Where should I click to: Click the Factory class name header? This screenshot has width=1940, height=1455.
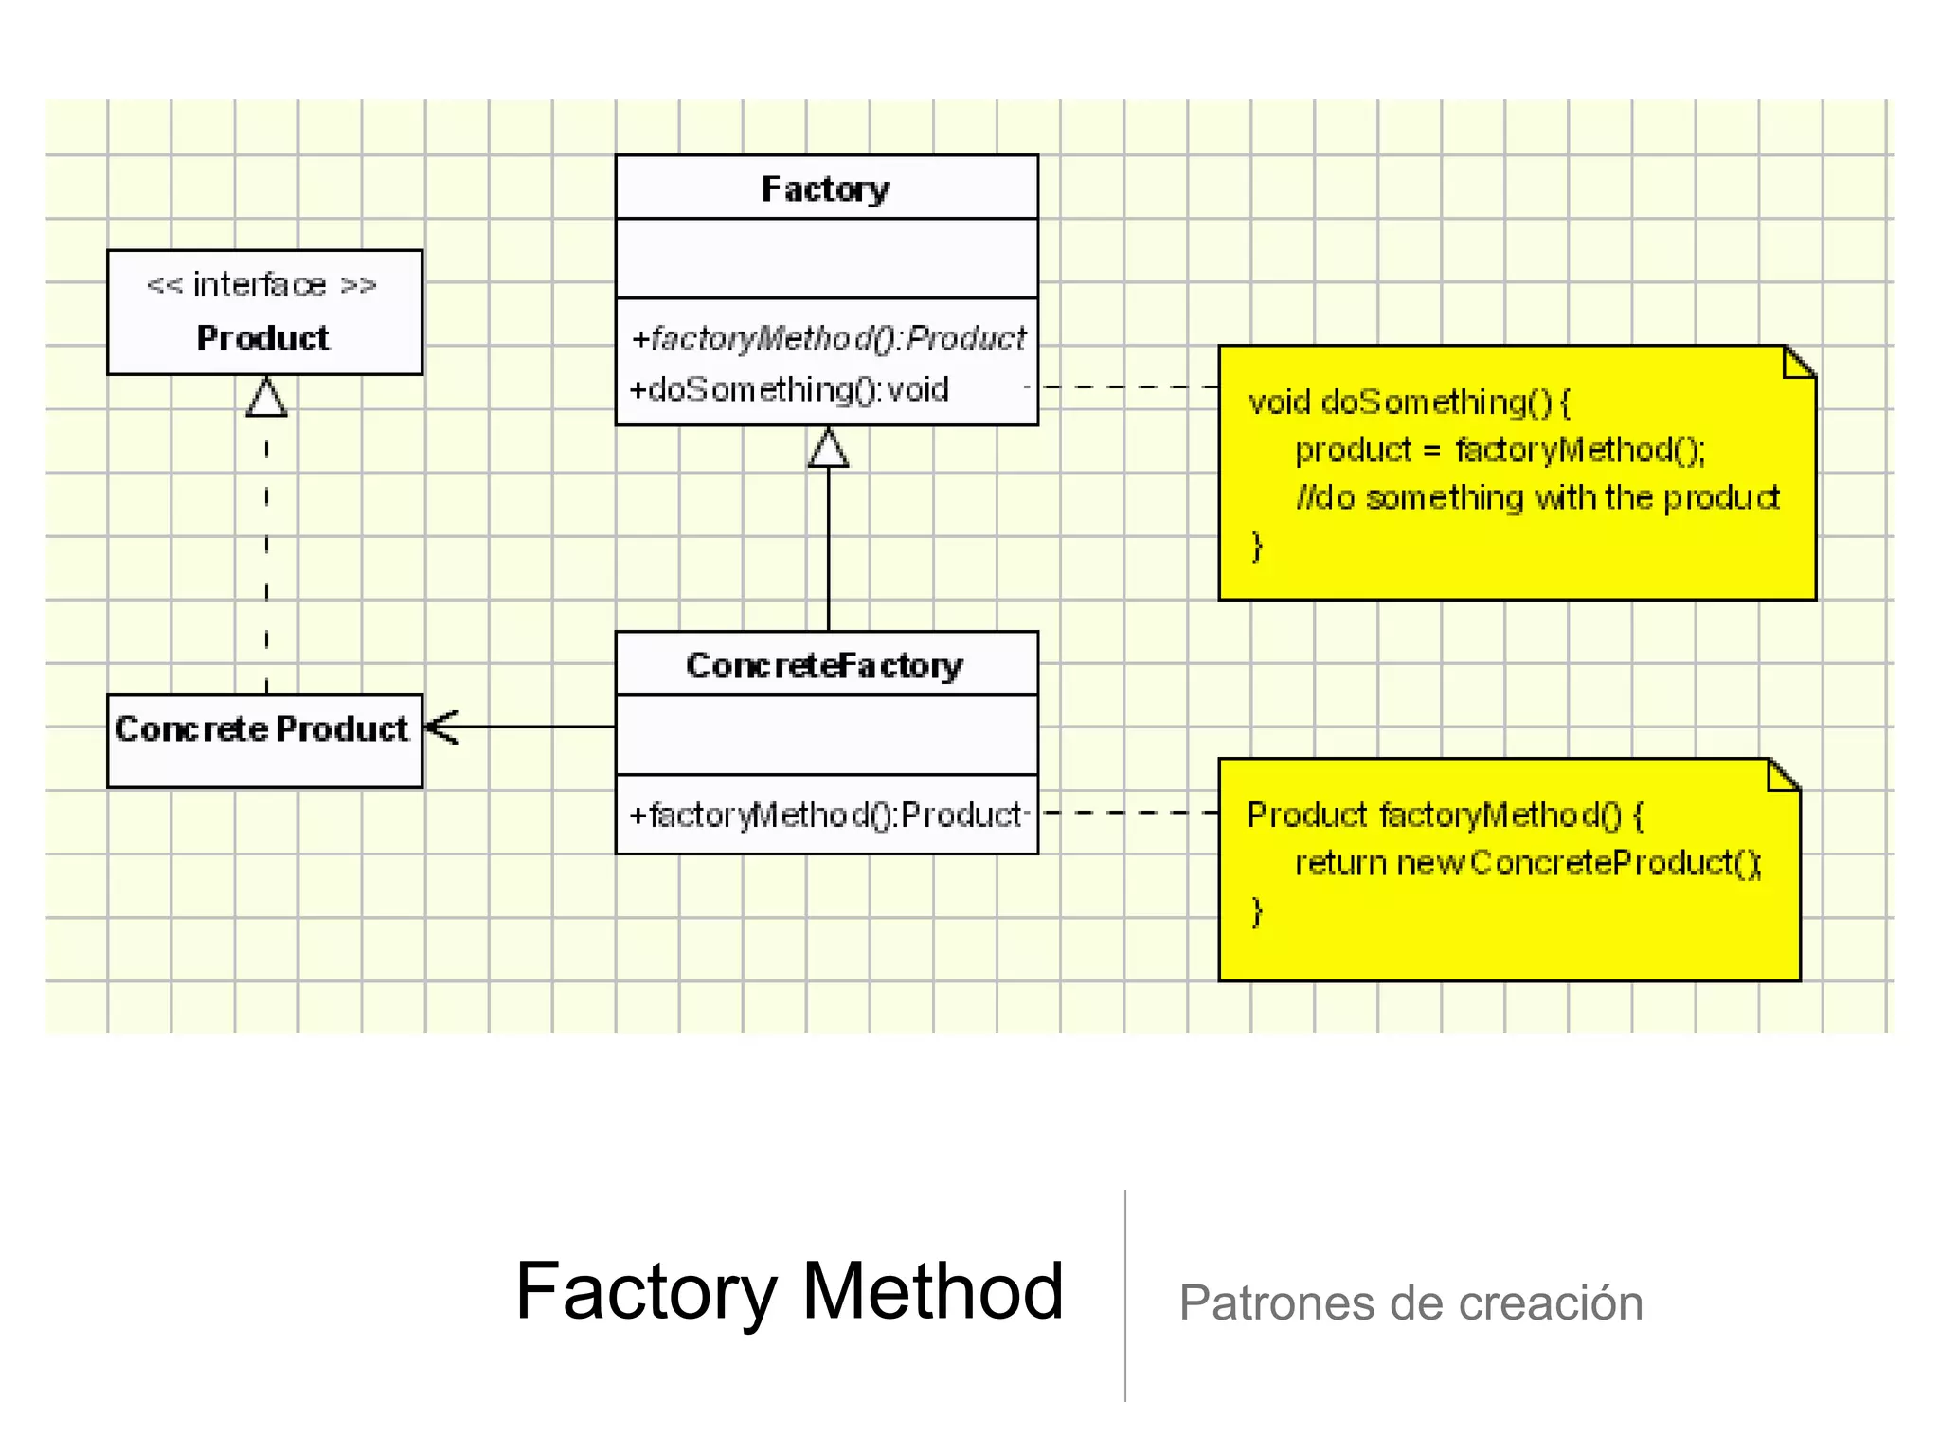[825, 189]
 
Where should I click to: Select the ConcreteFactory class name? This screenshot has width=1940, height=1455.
[824, 665]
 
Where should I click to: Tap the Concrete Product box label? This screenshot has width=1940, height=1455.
[261, 728]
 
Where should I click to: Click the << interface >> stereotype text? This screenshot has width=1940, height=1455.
[261, 284]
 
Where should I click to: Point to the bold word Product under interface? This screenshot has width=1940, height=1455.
[262, 338]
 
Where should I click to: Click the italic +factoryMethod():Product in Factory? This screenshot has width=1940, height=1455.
[828, 338]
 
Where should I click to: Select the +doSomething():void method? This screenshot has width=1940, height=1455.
[789, 389]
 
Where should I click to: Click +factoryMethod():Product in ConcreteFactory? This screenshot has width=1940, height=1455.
[825, 815]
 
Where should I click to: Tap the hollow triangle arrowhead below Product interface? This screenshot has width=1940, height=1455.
[266, 398]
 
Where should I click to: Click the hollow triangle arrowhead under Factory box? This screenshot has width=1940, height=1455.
[828, 448]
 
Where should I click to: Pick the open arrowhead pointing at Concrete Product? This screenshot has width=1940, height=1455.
[442, 727]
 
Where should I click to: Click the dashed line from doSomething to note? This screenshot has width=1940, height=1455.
[1127, 386]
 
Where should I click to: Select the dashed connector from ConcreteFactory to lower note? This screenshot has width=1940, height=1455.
[1127, 813]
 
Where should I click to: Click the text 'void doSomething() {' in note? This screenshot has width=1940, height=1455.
[1409, 403]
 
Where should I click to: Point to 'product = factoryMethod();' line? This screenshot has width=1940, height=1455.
[1500, 450]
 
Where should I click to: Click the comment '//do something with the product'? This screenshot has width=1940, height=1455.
[1537, 497]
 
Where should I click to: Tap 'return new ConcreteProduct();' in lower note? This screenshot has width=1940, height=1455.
[1527, 863]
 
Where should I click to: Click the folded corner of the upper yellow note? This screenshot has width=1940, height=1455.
[1799, 361]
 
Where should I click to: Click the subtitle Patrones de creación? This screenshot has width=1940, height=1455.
[1410, 1302]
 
